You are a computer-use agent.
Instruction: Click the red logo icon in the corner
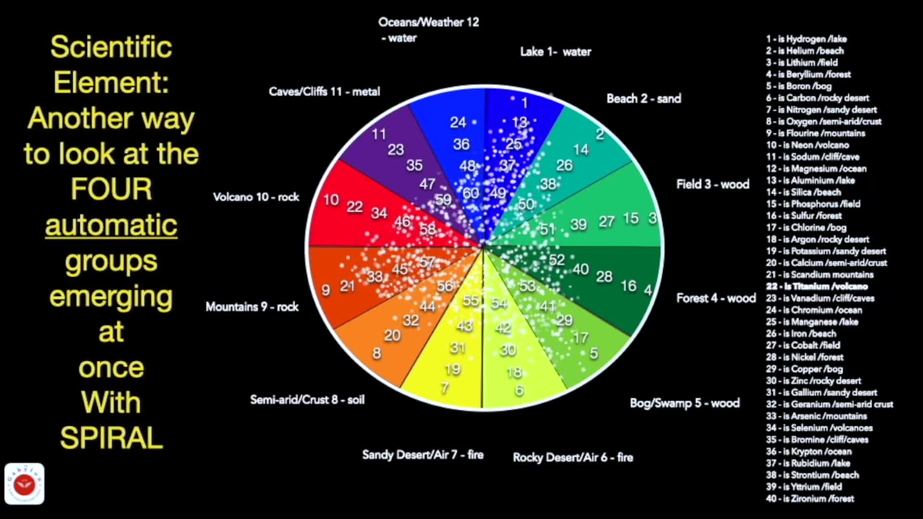tap(25, 484)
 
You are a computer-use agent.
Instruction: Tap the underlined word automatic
tap(111, 225)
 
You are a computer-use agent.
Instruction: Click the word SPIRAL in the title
tap(112, 438)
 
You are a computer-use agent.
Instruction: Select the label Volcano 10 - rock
tap(256, 197)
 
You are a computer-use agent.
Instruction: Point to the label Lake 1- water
tap(555, 52)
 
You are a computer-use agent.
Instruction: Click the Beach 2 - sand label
tap(643, 99)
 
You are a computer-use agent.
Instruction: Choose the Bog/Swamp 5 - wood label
tap(685, 403)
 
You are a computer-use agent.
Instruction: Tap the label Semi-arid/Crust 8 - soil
tap(307, 400)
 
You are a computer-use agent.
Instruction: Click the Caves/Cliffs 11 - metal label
tap(324, 92)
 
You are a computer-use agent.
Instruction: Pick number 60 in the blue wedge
tap(471, 193)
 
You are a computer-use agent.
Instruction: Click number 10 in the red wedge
tap(331, 199)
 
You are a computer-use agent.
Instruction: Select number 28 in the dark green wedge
tap(604, 276)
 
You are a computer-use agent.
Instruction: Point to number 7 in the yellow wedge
tap(445, 387)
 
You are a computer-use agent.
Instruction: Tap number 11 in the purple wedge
tap(379, 134)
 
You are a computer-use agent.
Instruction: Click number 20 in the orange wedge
tap(392, 335)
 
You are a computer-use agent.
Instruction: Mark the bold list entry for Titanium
tap(817, 286)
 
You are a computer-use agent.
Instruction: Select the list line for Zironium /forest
tap(810, 499)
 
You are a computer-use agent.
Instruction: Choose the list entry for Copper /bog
tap(804, 369)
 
